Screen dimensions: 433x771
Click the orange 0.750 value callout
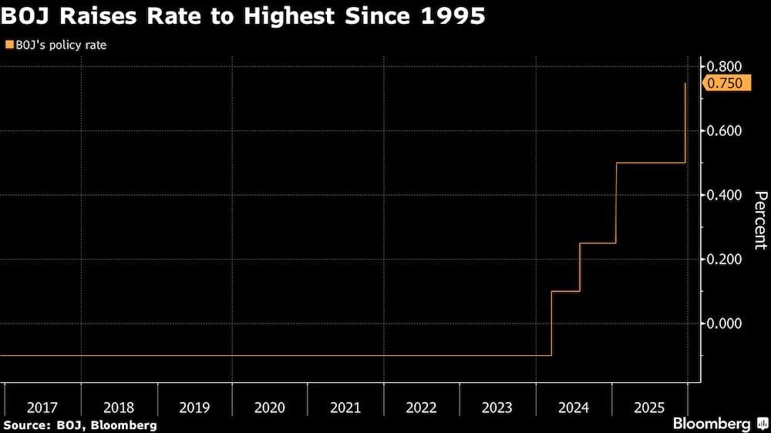coord(728,83)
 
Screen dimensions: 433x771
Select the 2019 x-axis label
coord(194,407)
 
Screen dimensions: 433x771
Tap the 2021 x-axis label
coord(345,407)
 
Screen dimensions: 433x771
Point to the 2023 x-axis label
coord(497,407)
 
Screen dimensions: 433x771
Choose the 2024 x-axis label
coord(573,407)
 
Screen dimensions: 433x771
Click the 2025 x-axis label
coord(648,407)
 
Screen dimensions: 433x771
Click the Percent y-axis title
coord(759,220)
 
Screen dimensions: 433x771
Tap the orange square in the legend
coord(8,45)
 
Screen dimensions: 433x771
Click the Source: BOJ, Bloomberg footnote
coord(80,425)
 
